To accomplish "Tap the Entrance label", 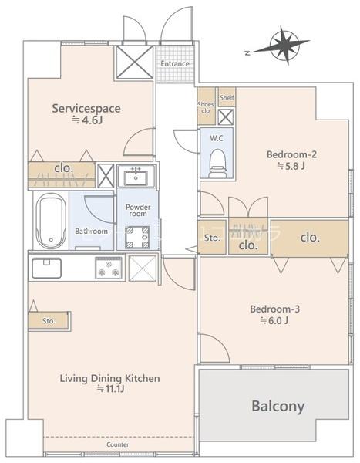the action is click(175, 63).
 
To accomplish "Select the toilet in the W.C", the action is click(217, 164).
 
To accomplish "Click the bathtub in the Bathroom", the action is click(51, 221).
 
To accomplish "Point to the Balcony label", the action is click(278, 407).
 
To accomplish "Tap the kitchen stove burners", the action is click(108, 268).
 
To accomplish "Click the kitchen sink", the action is click(46, 268).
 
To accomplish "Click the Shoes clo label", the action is click(205, 107).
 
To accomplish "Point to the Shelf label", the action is click(227, 97).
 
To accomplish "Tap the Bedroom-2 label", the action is click(291, 154).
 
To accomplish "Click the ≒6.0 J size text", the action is click(274, 321).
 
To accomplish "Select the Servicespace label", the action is click(86, 108).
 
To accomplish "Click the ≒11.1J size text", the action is click(111, 389).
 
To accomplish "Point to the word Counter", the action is click(117, 444).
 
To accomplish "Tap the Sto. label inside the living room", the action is click(49, 321).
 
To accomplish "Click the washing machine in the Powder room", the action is click(137, 237).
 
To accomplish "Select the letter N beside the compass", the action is click(247, 53).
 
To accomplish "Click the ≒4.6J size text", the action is click(88, 120).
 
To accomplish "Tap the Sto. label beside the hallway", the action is click(212, 238).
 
